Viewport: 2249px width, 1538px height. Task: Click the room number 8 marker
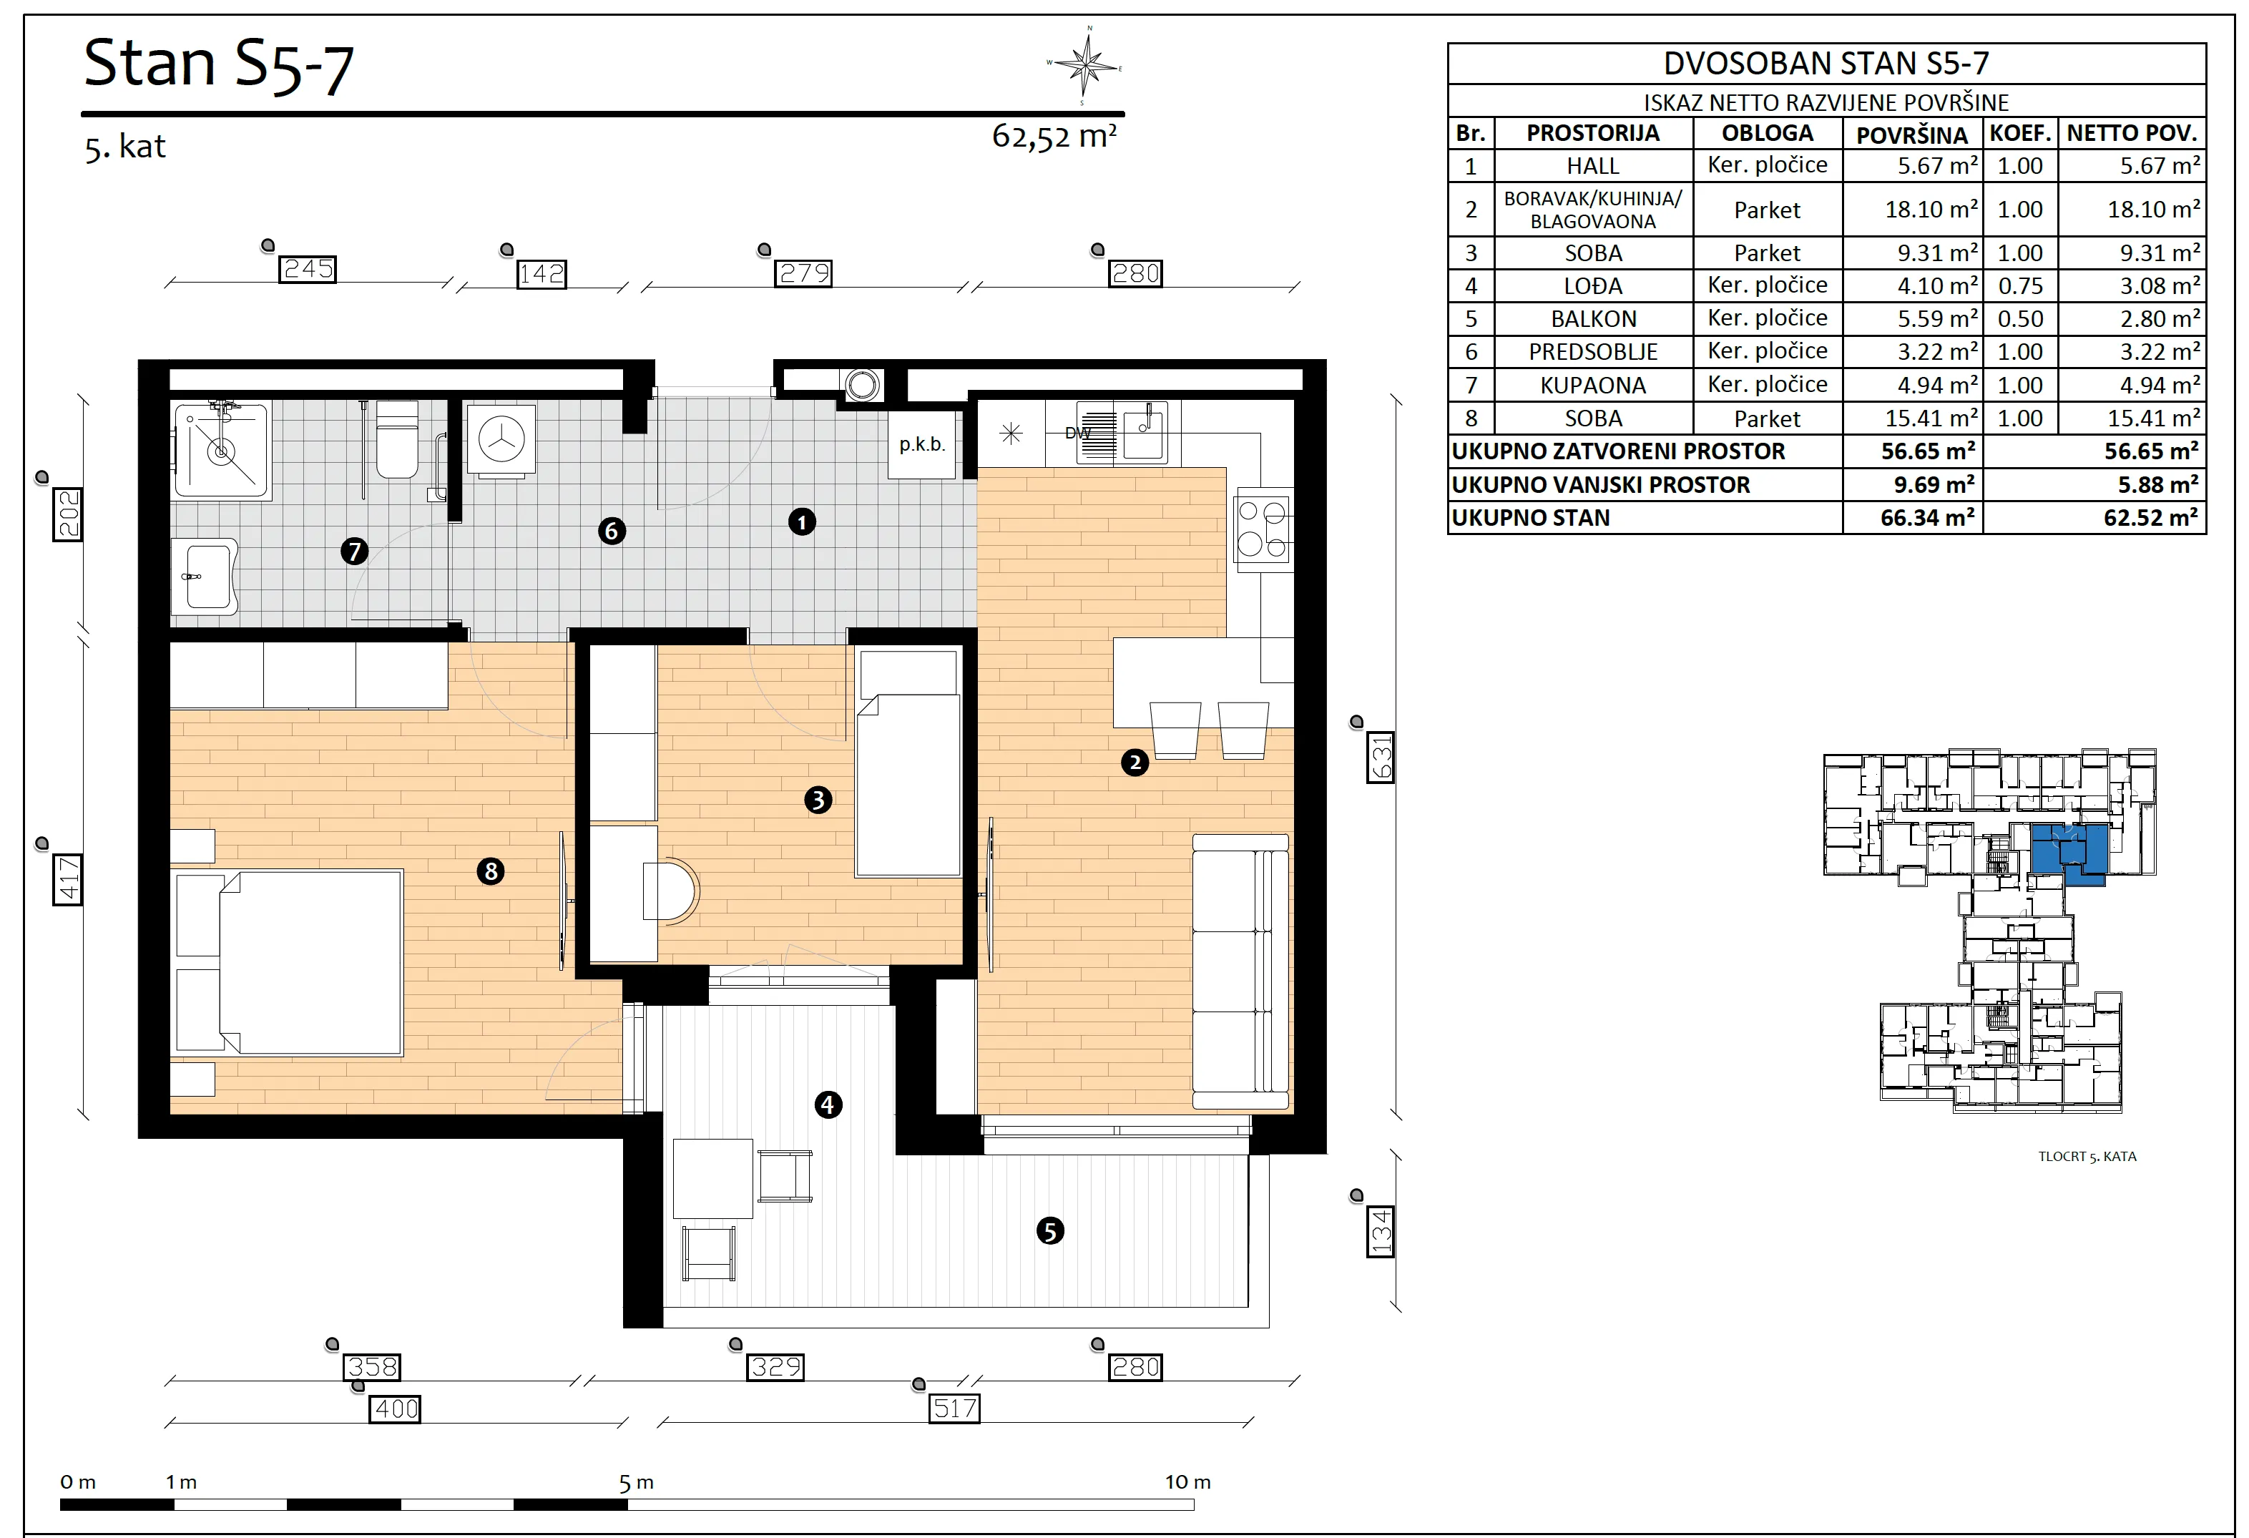[491, 871]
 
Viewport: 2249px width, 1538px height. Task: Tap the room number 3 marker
[818, 800]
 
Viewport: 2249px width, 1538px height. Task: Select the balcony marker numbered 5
[1050, 1231]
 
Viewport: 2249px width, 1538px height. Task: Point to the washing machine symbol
[501, 441]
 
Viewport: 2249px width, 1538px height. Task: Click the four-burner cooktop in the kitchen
[1263, 529]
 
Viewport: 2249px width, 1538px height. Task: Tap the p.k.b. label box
[922, 444]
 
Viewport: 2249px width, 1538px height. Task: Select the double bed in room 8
[288, 962]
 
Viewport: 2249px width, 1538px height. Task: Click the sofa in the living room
[1240, 971]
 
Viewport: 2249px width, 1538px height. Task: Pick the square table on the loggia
[713, 1178]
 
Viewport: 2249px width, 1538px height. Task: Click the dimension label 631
[1380, 757]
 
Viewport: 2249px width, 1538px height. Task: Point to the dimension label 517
[954, 1409]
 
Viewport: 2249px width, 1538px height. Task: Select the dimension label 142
[541, 274]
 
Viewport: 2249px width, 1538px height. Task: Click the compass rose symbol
[1087, 65]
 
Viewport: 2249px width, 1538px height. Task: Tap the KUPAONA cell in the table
[1593, 386]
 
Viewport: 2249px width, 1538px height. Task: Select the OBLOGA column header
[1767, 132]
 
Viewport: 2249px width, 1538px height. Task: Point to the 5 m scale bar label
[636, 1483]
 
